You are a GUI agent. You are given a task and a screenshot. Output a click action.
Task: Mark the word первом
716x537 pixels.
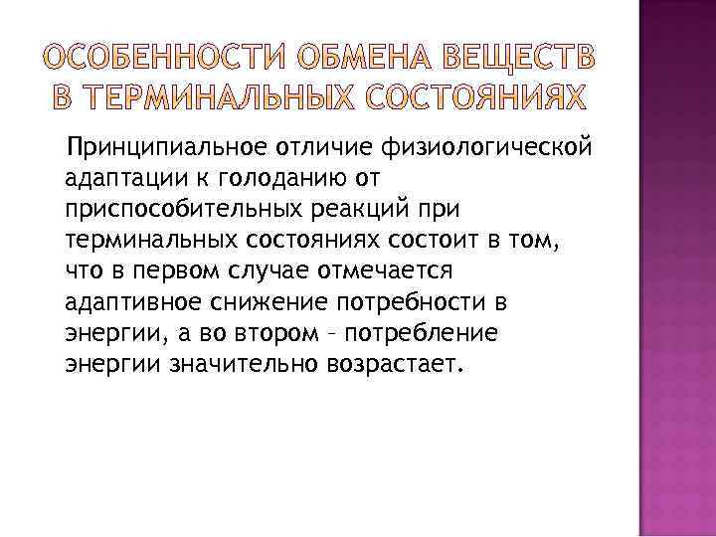pyautogui.click(x=166, y=270)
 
